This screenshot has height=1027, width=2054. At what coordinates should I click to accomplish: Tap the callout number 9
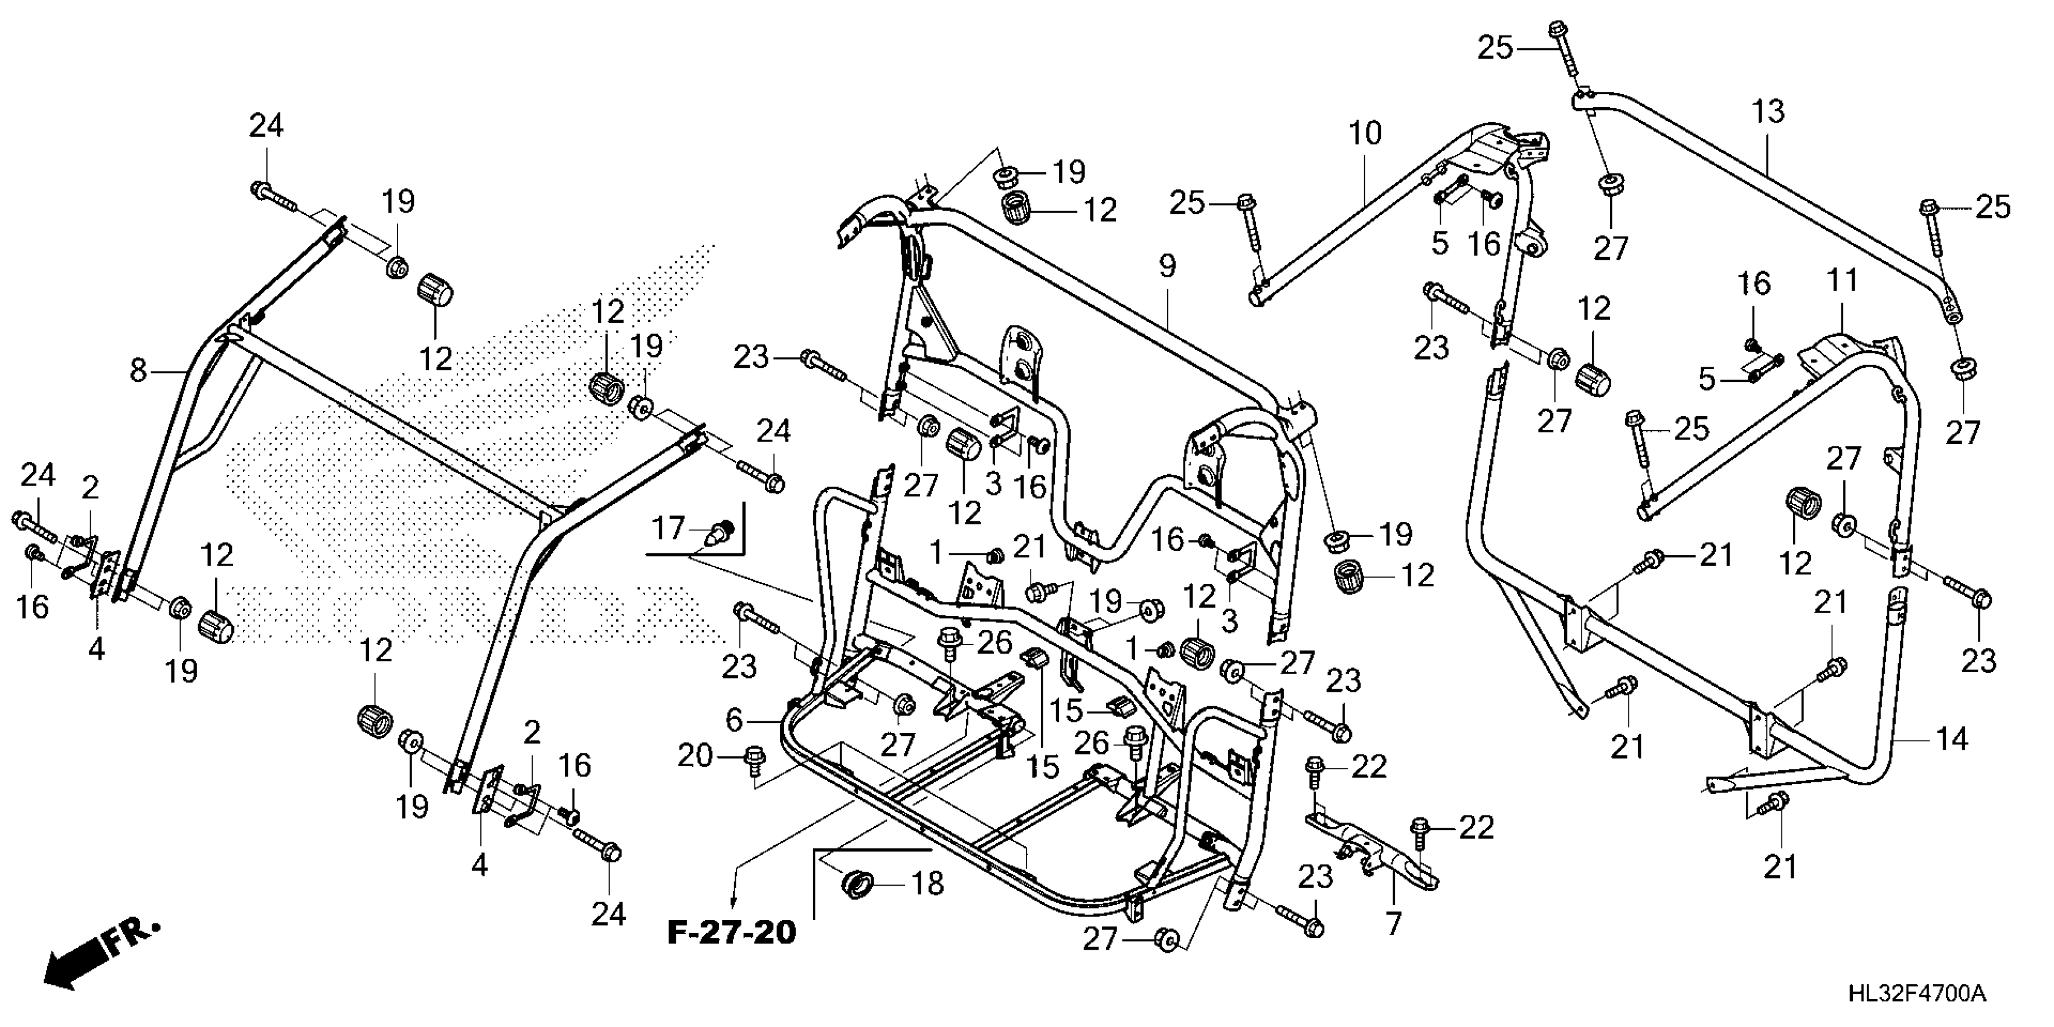[1167, 266]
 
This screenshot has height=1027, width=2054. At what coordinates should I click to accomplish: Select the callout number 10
[1365, 133]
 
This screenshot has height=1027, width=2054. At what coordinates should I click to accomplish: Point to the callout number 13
[1768, 112]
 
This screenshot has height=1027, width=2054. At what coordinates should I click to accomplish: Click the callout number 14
[1952, 740]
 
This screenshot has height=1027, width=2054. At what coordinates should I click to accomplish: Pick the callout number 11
[1842, 281]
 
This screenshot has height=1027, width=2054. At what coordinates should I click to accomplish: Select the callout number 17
[668, 528]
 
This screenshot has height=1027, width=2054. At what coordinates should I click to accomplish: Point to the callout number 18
[927, 883]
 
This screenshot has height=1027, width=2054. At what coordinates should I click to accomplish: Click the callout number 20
[694, 755]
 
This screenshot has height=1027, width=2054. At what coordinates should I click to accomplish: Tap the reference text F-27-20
[731, 932]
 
